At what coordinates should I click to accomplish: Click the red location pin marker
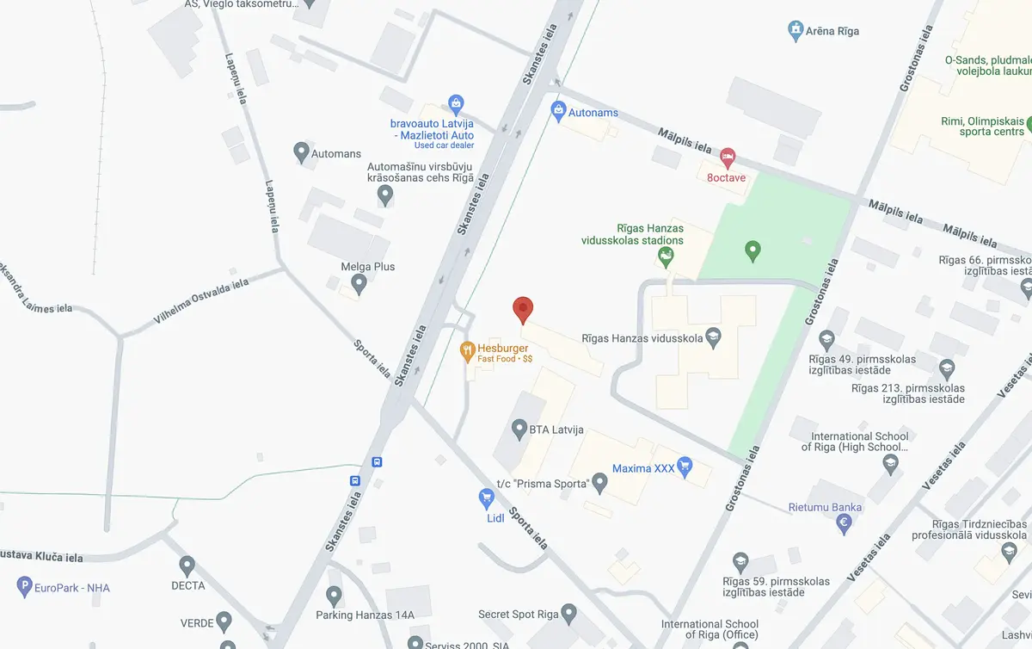(523, 308)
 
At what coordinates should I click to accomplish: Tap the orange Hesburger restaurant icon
(468, 349)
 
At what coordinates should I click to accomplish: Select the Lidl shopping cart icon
(486, 498)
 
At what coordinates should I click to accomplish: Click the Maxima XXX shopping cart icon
(685, 467)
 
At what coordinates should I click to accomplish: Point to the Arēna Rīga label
(832, 32)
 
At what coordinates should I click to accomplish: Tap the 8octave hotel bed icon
(728, 158)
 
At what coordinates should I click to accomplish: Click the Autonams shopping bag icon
(558, 110)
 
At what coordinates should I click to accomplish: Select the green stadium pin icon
(752, 251)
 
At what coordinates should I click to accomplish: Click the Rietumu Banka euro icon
(845, 522)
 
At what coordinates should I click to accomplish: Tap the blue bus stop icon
(354, 480)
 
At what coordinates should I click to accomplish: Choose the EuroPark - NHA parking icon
(24, 588)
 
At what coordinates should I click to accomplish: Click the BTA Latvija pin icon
(519, 428)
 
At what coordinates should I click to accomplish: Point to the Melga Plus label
(367, 267)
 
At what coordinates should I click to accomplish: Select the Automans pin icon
(301, 152)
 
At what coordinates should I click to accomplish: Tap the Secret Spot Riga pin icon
(568, 614)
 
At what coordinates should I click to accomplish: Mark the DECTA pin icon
(187, 566)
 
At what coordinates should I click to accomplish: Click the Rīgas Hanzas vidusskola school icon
(712, 337)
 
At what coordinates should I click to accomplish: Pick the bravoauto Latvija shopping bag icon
(457, 104)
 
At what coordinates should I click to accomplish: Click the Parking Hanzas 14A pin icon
(335, 595)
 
